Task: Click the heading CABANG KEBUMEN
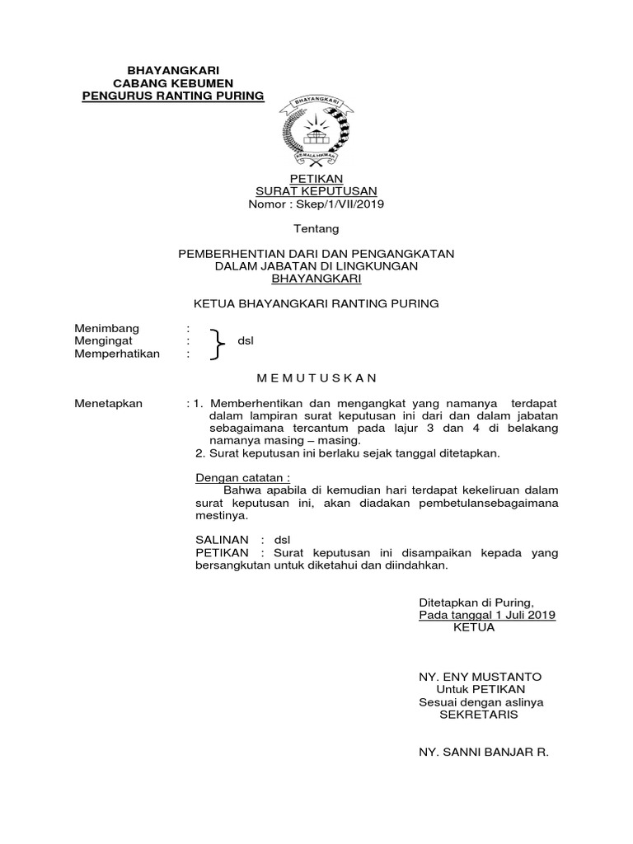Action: [x=173, y=84]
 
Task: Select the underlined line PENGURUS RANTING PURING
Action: [x=173, y=96]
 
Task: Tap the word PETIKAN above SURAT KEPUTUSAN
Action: [x=317, y=179]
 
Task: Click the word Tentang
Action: [x=316, y=228]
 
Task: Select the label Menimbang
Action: [x=108, y=328]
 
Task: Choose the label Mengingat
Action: [x=105, y=340]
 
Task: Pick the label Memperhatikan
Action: [x=117, y=354]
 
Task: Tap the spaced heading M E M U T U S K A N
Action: [x=316, y=378]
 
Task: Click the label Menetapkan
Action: [x=109, y=403]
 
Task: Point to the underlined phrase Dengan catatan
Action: [x=242, y=477]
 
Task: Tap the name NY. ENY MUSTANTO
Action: [x=480, y=677]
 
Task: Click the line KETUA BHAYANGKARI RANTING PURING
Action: [x=316, y=303]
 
